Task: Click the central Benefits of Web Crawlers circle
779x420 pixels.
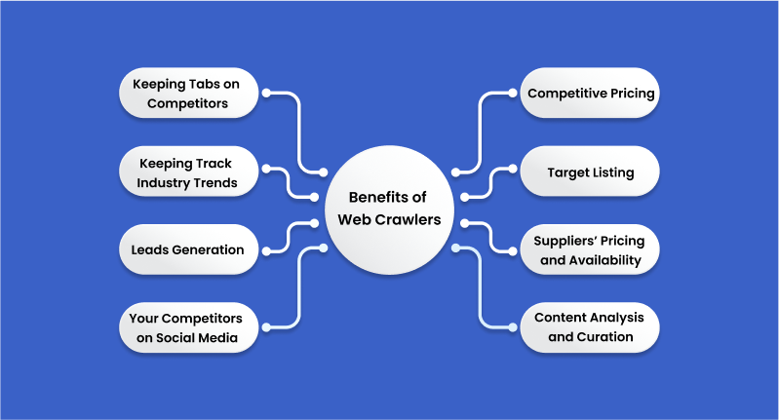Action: click(x=389, y=210)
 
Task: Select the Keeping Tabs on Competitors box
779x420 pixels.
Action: click(x=187, y=93)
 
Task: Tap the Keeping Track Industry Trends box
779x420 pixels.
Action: click(x=187, y=172)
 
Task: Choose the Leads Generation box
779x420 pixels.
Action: click(x=187, y=249)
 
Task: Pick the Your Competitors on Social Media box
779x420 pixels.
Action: click(x=187, y=327)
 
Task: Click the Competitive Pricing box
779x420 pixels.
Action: click(x=591, y=94)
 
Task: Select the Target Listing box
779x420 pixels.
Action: click(x=591, y=172)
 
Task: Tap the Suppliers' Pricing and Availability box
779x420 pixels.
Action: click(x=591, y=249)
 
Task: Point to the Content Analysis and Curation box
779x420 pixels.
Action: click(x=591, y=327)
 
